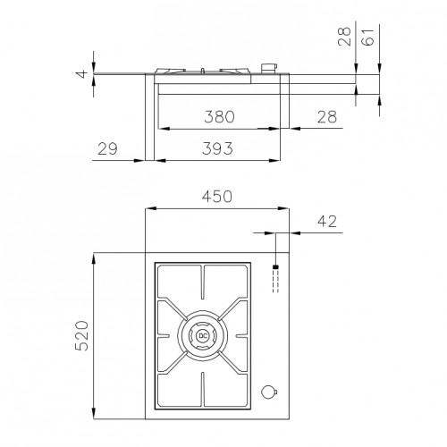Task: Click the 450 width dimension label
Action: (217, 197)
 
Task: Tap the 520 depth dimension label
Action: (82, 335)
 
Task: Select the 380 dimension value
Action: (220, 116)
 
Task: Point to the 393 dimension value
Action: (217, 148)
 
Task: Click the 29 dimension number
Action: (107, 148)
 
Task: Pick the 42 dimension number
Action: (327, 222)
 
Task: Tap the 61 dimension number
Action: (367, 37)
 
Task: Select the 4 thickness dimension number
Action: (82, 73)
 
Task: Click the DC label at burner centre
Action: (203, 336)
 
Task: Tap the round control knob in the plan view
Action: (269, 392)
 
